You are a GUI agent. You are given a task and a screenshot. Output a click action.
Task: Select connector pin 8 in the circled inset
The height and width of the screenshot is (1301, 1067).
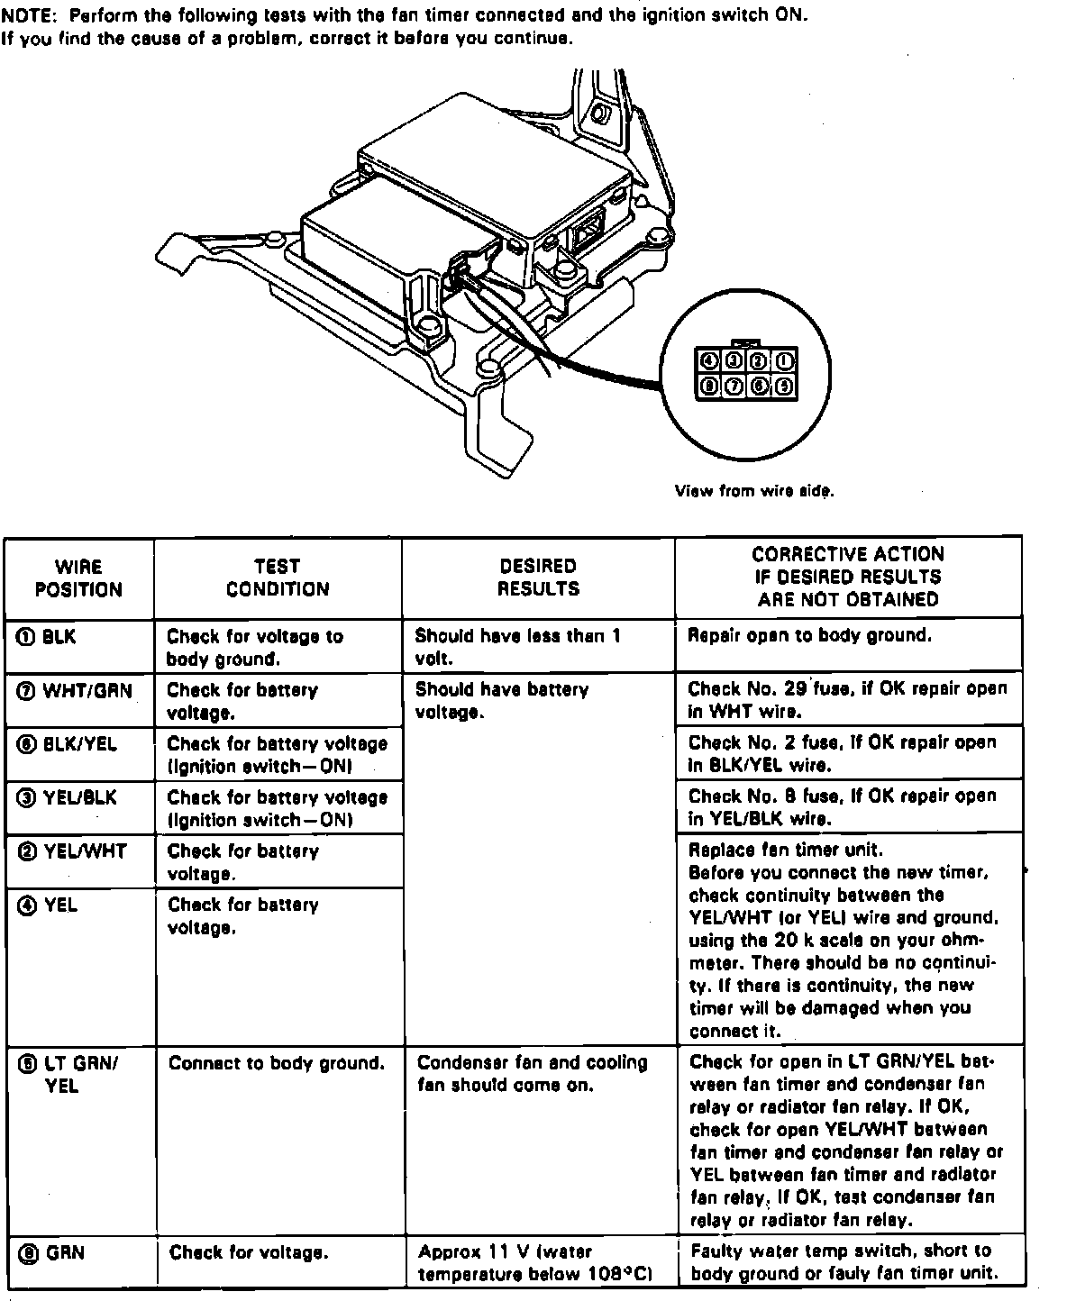point(708,387)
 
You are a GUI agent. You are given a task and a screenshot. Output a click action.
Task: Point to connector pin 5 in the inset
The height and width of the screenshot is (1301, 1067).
point(784,387)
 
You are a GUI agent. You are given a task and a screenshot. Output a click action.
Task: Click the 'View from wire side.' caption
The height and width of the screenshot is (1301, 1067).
point(754,491)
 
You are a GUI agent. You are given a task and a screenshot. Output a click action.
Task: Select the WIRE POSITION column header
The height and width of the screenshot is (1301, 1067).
point(78,578)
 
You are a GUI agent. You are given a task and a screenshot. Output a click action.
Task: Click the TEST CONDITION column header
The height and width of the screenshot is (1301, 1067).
point(278,578)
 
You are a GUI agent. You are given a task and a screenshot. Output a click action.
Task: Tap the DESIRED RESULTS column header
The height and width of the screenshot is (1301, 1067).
point(537,578)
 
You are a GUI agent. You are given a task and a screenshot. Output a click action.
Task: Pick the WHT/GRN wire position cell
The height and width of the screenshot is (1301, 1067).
point(78,691)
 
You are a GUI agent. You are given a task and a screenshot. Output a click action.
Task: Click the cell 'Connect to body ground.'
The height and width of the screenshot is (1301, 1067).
point(276,1063)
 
